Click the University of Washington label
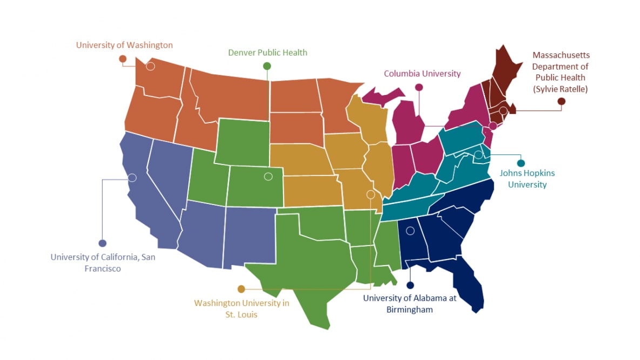(x=124, y=45)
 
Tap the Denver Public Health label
(x=267, y=52)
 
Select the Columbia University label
(x=422, y=73)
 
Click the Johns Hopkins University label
(x=527, y=179)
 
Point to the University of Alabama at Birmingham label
(x=409, y=303)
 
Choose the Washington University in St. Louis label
(x=241, y=308)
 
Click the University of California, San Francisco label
(x=103, y=262)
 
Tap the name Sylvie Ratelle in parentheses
(x=561, y=89)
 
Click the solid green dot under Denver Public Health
(x=267, y=66)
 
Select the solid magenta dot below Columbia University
(x=419, y=87)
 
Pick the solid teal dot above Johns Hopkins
(x=521, y=163)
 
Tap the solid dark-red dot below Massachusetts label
(x=562, y=101)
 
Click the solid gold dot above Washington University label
(x=241, y=289)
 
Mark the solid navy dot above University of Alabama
(x=410, y=285)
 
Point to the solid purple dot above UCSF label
(x=103, y=243)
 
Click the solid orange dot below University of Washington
(x=123, y=58)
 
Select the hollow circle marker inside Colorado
(x=268, y=176)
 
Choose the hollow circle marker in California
(x=132, y=178)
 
